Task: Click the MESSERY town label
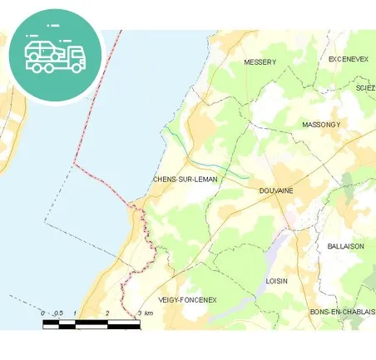260,62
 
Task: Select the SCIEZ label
365,87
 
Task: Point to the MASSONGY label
321,124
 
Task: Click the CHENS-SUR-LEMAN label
185,180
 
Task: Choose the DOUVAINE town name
276,191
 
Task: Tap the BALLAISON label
346,246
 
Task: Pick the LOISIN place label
276,281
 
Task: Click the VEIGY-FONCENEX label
187,299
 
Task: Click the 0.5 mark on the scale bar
59,313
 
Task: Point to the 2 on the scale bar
107,313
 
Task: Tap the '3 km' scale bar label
145,313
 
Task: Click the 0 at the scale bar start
43,313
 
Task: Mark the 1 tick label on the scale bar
76,313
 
